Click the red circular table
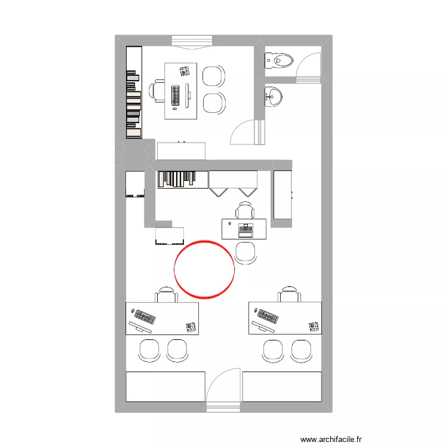pyautogui.click(x=204, y=269)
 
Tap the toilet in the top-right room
pyautogui.click(x=280, y=60)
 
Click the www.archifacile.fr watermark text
pyautogui.click(x=331, y=439)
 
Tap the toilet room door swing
pyautogui.click(x=309, y=65)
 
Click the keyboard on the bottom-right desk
pyautogui.click(x=268, y=316)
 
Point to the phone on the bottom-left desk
pyautogui.click(x=191, y=326)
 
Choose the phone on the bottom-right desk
pyautogui.click(x=314, y=326)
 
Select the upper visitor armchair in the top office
pyautogui.click(x=214, y=76)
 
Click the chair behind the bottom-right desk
pyautogui.click(x=289, y=294)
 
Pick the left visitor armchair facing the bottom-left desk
pyautogui.click(x=149, y=350)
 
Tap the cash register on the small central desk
pyautogui.click(x=245, y=228)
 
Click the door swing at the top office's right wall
pyautogui.click(x=246, y=133)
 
